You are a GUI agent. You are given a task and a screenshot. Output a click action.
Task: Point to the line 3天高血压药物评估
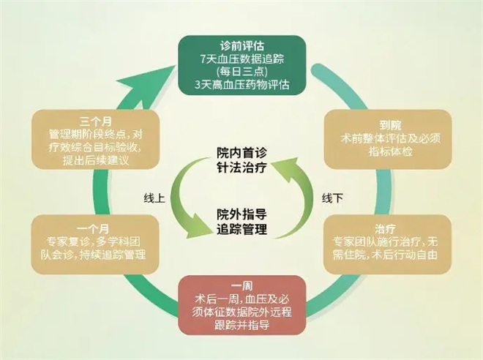[241, 85]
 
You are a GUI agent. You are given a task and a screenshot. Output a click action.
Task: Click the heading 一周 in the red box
[241, 285]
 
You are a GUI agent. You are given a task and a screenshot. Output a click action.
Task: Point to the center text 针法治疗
[241, 167]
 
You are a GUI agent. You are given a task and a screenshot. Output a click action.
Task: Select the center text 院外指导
[241, 214]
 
